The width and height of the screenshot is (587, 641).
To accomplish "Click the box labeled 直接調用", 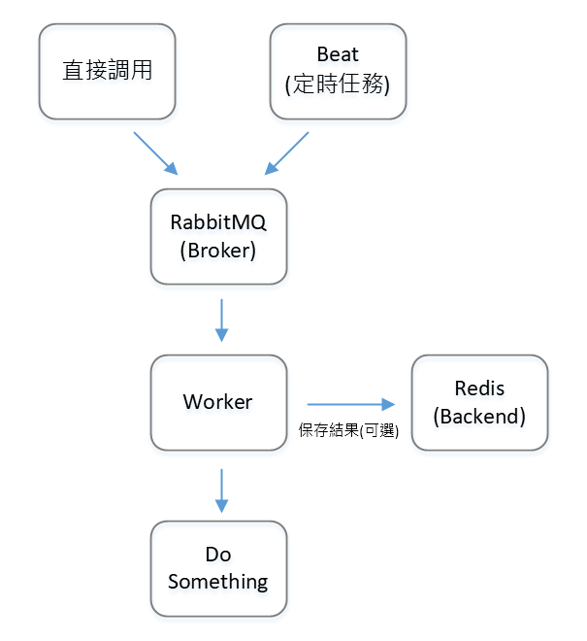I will tap(107, 71).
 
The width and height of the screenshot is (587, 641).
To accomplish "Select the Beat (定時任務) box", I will tap(337, 71).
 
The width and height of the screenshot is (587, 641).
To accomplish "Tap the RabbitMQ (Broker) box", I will tap(218, 236).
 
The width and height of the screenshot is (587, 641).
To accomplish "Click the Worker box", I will tap(218, 402).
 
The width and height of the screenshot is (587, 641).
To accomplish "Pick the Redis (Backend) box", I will tap(479, 402).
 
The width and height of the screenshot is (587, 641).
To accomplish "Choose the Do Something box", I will tap(218, 568).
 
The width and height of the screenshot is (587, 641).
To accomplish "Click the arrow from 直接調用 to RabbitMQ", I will tap(155, 152).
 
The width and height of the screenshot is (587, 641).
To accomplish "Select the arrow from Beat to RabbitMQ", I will tap(287, 152).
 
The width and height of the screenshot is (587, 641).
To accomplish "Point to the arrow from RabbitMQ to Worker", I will tap(222, 320).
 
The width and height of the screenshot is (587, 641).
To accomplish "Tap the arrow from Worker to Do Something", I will tap(222, 489).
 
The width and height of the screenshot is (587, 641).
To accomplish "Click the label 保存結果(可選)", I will tap(349, 430).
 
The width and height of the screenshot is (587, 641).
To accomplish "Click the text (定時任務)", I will tap(337, 85).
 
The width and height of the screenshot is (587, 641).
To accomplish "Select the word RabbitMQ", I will tap(218, 221).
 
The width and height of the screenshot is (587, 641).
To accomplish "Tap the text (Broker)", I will tap(218, 251).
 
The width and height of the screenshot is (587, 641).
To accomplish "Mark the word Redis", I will tap(479, 388).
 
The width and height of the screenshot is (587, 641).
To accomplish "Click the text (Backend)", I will tap(479, 417).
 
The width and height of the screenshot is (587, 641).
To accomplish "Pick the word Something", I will tap(218, 582).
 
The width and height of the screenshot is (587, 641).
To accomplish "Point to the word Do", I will tap(218, 555).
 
